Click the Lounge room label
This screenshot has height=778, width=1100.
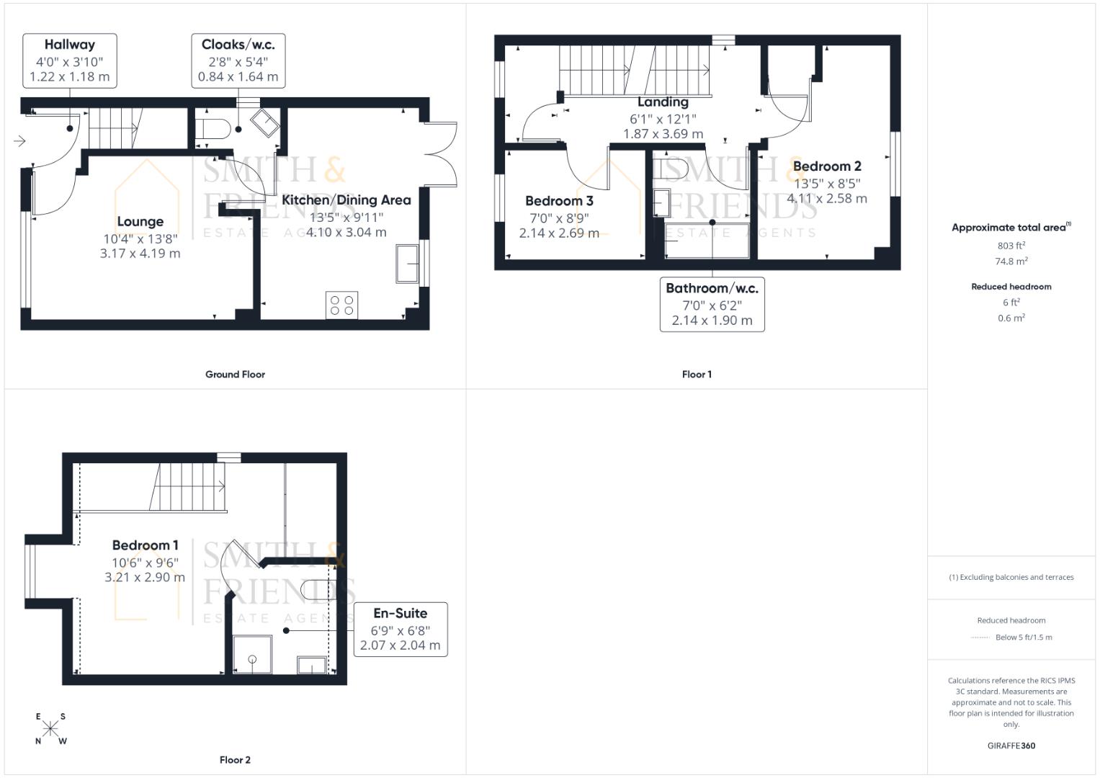click(140, 222)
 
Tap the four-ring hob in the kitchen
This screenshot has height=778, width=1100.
click(341, 305)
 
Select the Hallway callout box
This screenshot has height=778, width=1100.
click(69, 61)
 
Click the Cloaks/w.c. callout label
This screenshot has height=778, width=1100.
click(238, 45)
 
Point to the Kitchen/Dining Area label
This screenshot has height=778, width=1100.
click(346, 200)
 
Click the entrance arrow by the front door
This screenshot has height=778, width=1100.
click(19, 141)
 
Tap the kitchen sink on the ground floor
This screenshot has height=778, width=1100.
click(407, 264)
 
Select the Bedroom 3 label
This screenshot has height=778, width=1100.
click(559, 201)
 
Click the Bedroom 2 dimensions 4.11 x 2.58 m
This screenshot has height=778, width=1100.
click(826, 199)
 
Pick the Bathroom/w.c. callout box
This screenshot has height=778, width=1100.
click(712, 304)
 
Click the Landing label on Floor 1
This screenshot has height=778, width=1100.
click(663, 102)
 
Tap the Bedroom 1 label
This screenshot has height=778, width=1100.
click(145, 545)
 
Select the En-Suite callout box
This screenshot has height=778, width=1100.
click(400, 629)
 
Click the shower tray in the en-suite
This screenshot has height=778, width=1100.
click(252, 654)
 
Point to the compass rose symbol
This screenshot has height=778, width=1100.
click(50, 728)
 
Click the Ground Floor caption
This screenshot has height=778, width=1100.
click(235, 375)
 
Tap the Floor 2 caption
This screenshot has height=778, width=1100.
click(235, 760)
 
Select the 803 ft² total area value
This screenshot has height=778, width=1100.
click(1011, 246)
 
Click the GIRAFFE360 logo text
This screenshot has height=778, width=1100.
click(1011, 746)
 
